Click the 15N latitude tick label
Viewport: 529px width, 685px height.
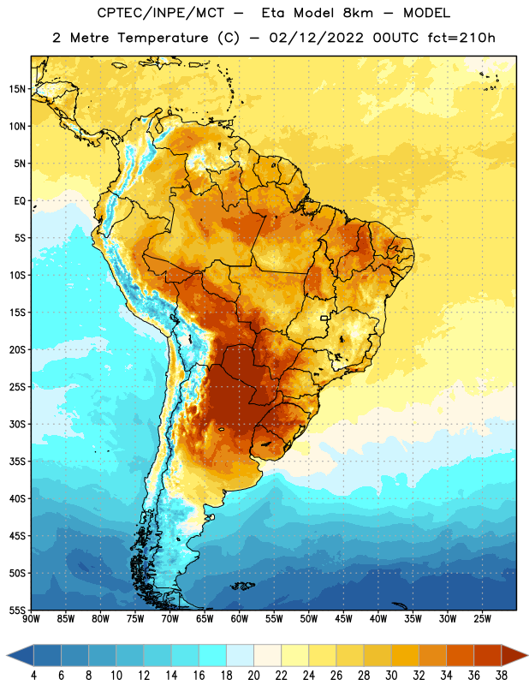coord(17,89)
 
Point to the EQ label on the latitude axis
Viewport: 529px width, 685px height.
coord(20,201)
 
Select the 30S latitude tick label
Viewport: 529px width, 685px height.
coord(17,424)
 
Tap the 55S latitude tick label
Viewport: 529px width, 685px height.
coord(17,611)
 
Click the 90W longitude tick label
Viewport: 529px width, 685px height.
coord(31,619)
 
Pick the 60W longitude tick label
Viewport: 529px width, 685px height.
coord(240,619)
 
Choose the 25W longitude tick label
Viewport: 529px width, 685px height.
coord(482,619)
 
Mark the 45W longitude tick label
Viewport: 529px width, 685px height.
coord(343,619)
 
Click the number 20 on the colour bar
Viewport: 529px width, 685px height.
coord(253,676)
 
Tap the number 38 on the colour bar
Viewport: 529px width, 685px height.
coord(502,676)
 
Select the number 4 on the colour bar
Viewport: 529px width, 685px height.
coord(33,676)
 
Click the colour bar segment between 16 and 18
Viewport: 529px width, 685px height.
coord(213,655)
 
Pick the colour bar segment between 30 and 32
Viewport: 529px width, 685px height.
coord(405,655)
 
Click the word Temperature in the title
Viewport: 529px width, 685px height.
coord(163,38)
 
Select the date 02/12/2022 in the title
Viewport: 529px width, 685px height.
coord(316,38)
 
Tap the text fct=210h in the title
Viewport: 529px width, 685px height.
coord(461,38)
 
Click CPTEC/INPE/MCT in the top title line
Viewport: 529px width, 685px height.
coord(160,13)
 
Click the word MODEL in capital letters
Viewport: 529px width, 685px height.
coord(426,13)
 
